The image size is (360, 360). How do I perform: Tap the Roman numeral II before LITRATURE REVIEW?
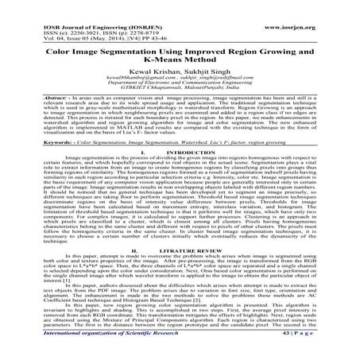(141, 249)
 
